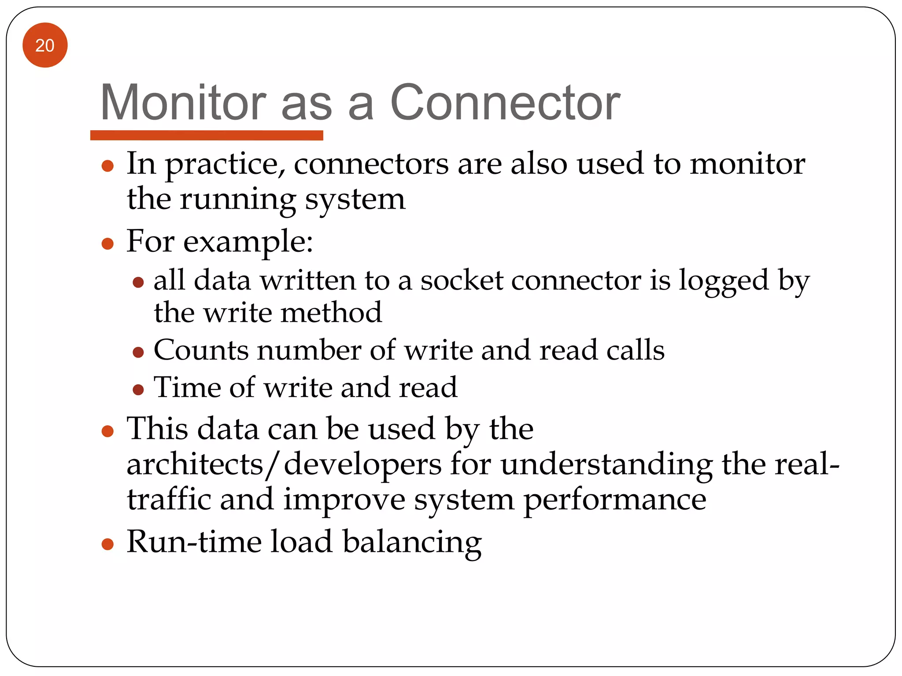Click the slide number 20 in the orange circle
tap(45, 45)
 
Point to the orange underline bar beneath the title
tap(207, 135)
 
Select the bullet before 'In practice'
tap(107, 166)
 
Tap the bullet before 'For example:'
tap(107, 243)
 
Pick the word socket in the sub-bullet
tap(462, 281)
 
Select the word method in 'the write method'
tap(331, 313)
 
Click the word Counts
tap(201, 350)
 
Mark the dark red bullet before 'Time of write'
tap(138, 389)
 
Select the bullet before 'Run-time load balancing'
tap(107, 544)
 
